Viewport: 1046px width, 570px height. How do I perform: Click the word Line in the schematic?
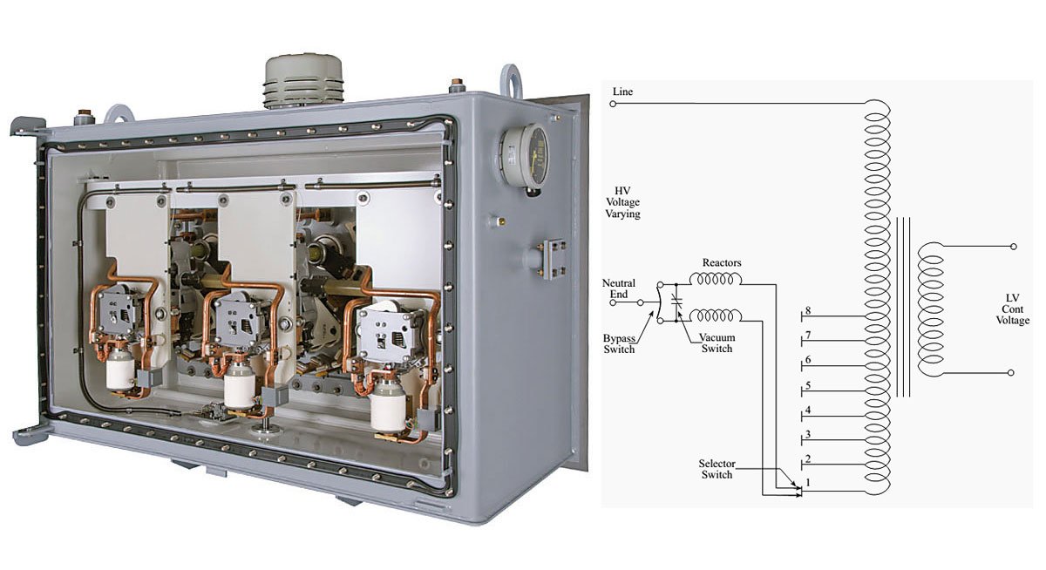[622, 92]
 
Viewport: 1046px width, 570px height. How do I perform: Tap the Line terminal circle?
[613, 104]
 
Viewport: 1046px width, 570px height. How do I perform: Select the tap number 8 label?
[808, 310]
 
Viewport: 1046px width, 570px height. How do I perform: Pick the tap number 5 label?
[808, 385]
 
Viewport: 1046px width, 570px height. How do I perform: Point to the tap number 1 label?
[808, 482]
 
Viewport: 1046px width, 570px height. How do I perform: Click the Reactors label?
[722, 263]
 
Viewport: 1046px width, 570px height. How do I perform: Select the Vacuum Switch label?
[717, 343]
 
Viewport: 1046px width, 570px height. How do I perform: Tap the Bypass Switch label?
[619, 343]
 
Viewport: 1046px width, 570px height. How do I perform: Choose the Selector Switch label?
[717, 469]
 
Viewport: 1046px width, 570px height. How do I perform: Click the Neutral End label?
[619, 288]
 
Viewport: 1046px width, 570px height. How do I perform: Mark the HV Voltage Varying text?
[622, 202]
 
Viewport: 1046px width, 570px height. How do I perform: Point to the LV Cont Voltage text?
[1012, 309]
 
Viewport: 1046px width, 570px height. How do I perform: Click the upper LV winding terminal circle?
[1013, 247]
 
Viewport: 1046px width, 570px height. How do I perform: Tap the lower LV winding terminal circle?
[1010, 372]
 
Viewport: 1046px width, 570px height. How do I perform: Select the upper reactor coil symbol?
[716, 278]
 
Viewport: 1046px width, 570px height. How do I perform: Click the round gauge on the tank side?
[525, 156]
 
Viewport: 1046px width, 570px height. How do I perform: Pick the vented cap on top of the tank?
[303, 80]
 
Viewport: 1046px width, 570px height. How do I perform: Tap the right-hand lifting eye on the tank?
[511, 80]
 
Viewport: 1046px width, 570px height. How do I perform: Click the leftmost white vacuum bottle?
[120, 370]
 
